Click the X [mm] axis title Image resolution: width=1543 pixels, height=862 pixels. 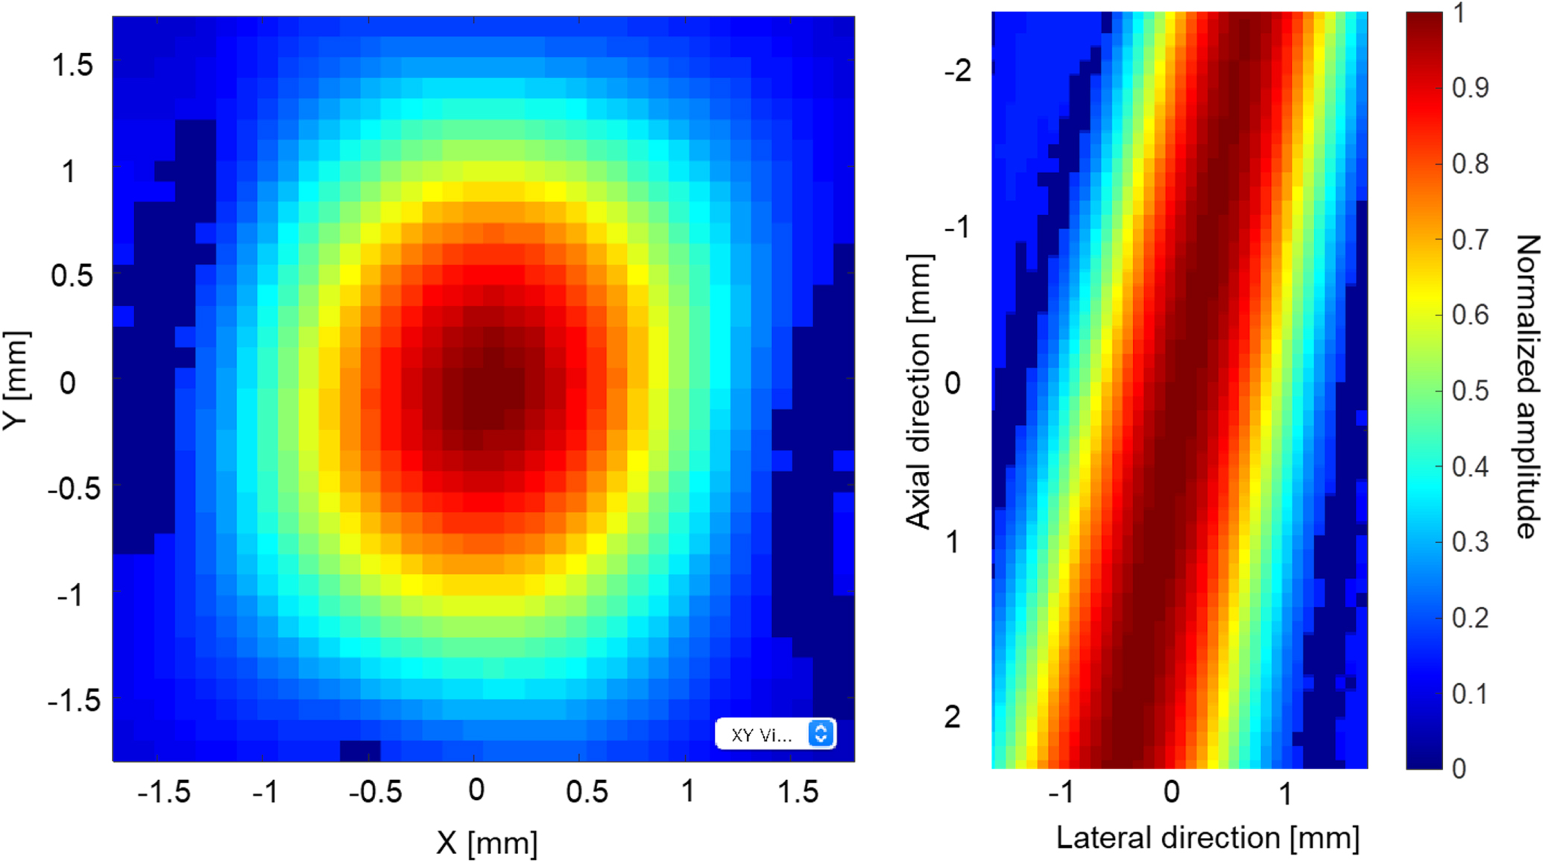487,843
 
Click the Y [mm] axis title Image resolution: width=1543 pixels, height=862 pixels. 16,380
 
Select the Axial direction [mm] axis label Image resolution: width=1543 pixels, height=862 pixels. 919,391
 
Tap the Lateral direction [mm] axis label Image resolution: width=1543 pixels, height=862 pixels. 1208,837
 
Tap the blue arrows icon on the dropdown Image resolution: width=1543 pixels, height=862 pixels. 820,734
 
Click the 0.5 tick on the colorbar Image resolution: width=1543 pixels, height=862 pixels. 1470,391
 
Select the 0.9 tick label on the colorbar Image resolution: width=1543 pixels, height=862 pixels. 1470,88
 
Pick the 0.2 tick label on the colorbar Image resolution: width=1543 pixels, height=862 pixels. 1470,617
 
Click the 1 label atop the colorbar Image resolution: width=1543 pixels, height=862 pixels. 1460,13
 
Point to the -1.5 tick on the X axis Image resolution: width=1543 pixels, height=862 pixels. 163,791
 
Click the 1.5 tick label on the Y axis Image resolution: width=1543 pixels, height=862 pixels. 72,66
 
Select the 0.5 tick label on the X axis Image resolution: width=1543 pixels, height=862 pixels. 587,791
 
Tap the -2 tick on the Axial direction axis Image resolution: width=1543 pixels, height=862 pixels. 958,72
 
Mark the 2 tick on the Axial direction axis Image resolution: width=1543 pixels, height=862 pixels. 952,717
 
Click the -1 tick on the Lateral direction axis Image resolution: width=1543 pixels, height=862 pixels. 1061,791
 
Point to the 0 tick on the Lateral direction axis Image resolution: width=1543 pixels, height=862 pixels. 1171,791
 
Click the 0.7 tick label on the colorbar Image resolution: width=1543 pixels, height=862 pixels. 1470,239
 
